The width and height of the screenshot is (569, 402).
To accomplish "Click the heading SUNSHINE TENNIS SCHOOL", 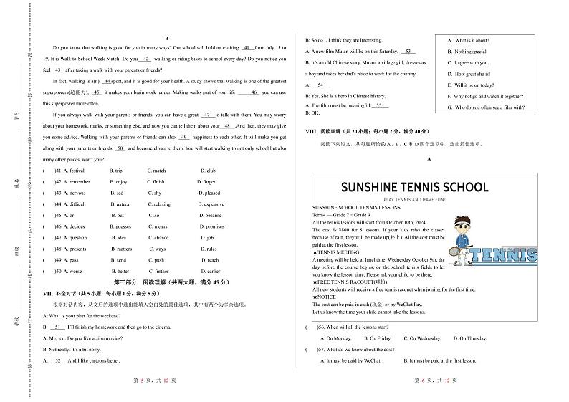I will pos(414,188).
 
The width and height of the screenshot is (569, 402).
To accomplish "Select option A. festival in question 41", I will pos(73,171).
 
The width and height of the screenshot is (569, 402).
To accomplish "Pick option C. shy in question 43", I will pos(154,193).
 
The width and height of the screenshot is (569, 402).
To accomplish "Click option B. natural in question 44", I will pos(120,204).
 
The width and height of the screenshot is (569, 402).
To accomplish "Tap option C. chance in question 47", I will pos(158,238).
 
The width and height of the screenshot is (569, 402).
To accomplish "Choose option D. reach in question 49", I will pos(209,260).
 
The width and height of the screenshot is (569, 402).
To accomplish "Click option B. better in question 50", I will pos(120,272).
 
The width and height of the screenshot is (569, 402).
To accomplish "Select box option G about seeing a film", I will pos(485,107).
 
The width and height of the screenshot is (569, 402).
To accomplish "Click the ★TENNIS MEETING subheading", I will pos(336,252).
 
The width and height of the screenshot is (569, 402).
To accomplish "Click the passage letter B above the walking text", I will pos(166,39).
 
